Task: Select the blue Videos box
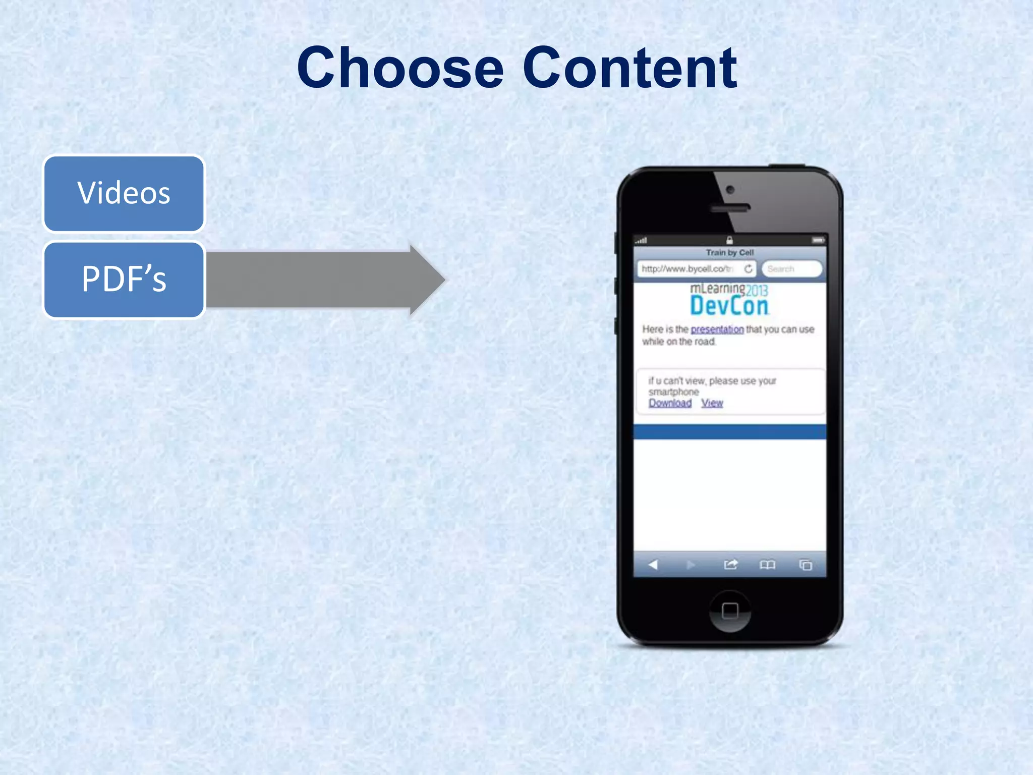pyautogui.click(x=124, y=193)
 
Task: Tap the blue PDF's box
pyautogui.click(x=124, y=280)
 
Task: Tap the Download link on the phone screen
pyautogui.click(x=670, y=403)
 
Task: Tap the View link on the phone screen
pyautogui.click(x=712, y=403)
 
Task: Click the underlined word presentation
pyautogui.click(x=717, y=329)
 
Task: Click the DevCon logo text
pyautogui.click(x=729, y=306)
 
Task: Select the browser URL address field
pyautogui.click(x=687, y=269)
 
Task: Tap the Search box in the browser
pyautogui.click(x=790, y=269)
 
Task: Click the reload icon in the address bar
pyautogui.click(x=749, y=269)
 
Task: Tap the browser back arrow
pyautogui.click(x=653, y=565)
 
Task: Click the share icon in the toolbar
pyautogui.click(x=730, y=565)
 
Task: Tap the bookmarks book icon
pyautogui.click(x=767, y=565)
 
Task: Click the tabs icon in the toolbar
pyautogui.click(x=806, y=565)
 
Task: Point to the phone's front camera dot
pyautogui.click(x=730, y=190)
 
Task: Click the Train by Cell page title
pyautogui.click(x=729, y=252)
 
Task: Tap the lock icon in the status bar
pyautogui.click(x=729, y=240)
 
